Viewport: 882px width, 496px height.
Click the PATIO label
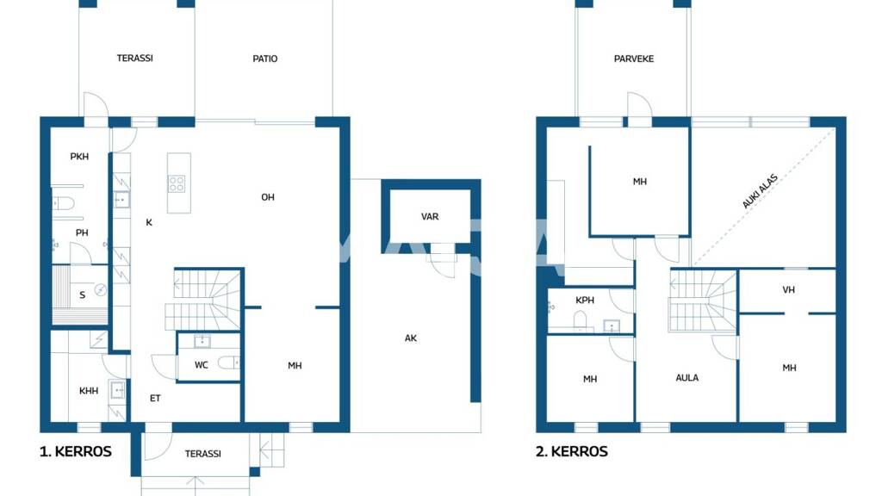pos(265,59)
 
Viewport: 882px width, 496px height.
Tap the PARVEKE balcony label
pos(634,59)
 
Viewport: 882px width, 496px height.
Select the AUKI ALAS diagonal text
pos(760,191)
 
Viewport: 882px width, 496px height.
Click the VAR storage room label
pos(430,216)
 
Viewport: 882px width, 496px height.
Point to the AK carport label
pos(411,338)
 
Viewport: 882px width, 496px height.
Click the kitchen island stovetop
pos(177,184)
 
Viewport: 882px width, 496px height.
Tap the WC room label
pos(202,365)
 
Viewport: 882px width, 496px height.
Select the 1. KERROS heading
pos(76,451)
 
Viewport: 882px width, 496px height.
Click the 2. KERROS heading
pos(572,451)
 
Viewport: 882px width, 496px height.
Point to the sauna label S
pos(82,295)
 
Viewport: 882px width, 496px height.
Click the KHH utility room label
pos(89,391)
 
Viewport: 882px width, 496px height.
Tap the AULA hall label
pos(686,378)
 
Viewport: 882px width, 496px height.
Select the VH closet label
pos(789,289)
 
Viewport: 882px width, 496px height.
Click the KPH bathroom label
pos(585,301)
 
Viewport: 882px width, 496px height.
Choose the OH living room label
pos(268,197)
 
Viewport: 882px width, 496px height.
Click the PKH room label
pos(79,157)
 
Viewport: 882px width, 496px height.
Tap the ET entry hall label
pos(155,398)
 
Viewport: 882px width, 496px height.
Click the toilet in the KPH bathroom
pos(580,320)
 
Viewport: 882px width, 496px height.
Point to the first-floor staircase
pos(203,301)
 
